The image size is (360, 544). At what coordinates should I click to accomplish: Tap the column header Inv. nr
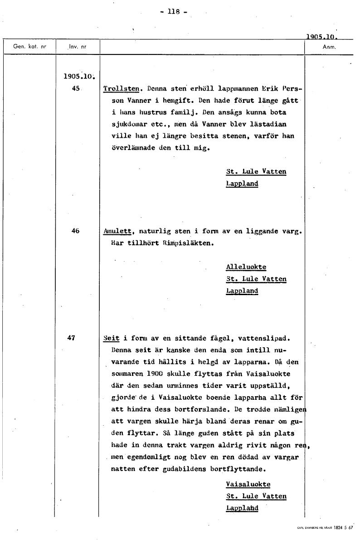coord(78,47)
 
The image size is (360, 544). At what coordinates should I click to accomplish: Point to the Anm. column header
coord(328,47)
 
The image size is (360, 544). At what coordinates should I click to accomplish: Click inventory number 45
coord(76,89)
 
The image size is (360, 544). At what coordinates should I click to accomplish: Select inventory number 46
coord(76,231)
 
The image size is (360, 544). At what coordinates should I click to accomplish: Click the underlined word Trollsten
coord(120,89)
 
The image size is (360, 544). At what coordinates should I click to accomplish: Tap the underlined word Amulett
coord(117,231)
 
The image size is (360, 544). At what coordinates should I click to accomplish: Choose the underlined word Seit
coord(111,338)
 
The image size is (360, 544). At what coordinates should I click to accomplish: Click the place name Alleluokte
coord(246,267)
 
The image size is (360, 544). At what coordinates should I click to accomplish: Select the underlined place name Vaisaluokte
coord(248,484)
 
